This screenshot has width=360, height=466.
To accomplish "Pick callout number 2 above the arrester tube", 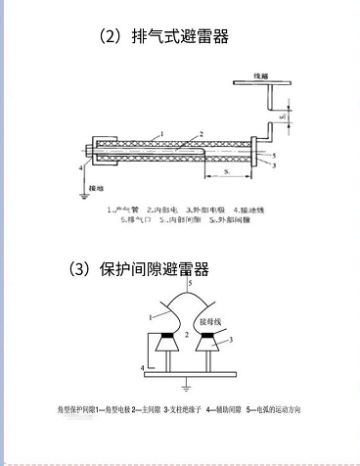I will click(x=201, y=134).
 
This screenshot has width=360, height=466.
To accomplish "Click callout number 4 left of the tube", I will click(x=81, y=168).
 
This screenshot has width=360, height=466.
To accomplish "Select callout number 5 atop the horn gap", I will click(x=190, y=282).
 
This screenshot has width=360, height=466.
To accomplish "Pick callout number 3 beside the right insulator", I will click(x=231, y=339).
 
